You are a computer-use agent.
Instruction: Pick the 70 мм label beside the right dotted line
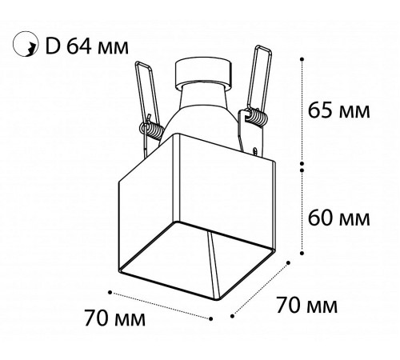click(306, 304)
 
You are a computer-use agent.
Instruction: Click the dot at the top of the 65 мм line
click(302, 58)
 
